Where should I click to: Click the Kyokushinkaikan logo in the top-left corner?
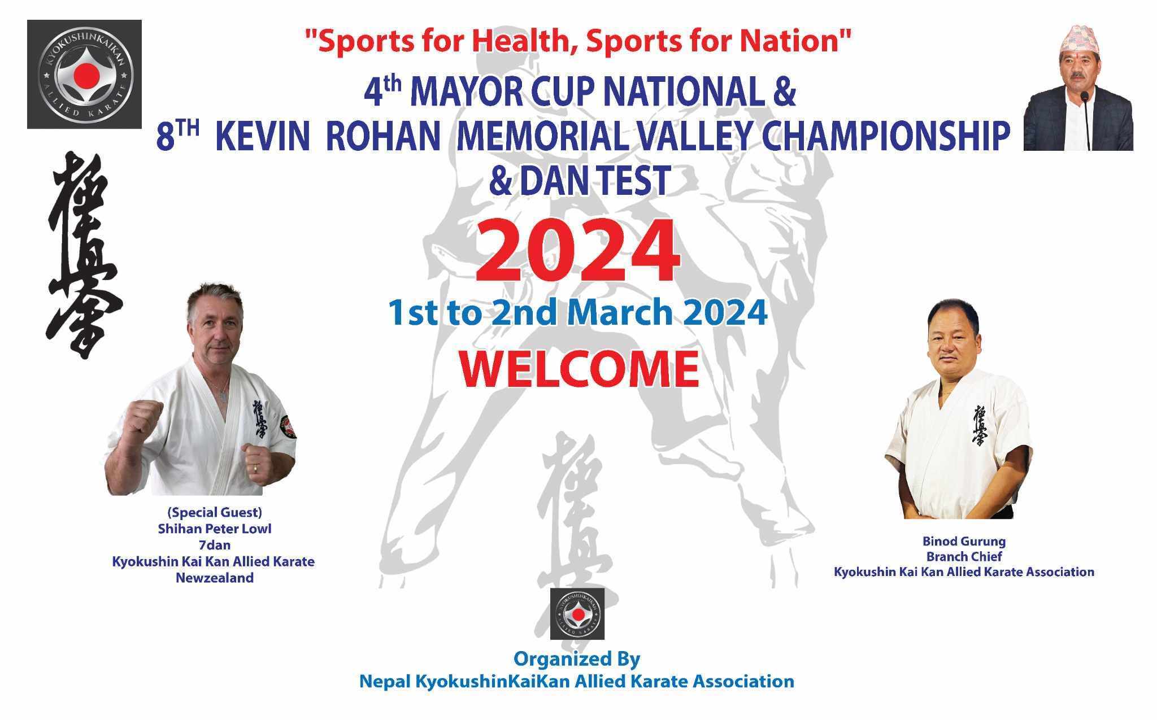click(x=84, y=75)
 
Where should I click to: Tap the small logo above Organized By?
click(x=577, y=613)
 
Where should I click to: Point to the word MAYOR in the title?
click(x=461, y=94)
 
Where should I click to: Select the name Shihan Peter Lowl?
click(x=215, y=529)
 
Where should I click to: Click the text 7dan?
click(x=214, y=546)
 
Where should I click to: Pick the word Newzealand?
click(x=215, y=578)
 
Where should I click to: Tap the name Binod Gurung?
click(x=964, y=542)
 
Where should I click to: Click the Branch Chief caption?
click(x=964, y=556)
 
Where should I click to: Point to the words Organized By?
click(x=576, y=659)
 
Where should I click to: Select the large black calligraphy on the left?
click(x=84, y=255)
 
